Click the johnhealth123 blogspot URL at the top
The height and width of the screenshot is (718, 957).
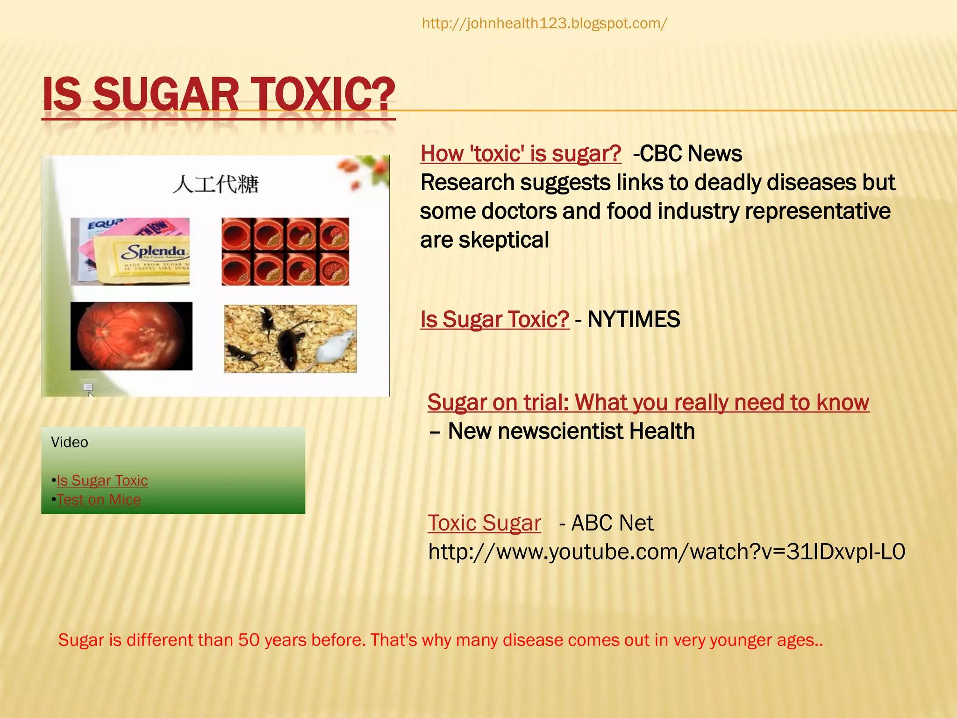(x=544, y=23)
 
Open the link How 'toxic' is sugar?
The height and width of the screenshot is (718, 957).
(x=521, y=154)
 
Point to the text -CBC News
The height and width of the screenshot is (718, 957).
(x=687, y=154)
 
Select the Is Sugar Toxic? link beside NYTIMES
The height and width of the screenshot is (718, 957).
(x=494, y=320)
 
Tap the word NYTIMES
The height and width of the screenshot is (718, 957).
(x=634, y=320)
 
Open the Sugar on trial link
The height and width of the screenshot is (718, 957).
(x=648, y=402)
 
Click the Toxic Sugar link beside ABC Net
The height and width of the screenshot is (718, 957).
(x=484, y=523)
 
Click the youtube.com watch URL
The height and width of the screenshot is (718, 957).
(x=667, y=552)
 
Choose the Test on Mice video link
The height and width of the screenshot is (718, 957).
(x=99, y=500)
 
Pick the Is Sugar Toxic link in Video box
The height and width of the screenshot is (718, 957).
(x=102, y=481)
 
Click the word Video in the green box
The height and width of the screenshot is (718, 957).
(x=69, y=442)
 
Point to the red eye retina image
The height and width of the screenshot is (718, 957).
(x=131, y=336)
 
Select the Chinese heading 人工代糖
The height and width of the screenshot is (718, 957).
(x=215, y=184)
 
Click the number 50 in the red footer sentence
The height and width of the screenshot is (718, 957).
(x=249, y=640)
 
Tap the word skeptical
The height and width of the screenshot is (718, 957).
(x=503, y=240)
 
